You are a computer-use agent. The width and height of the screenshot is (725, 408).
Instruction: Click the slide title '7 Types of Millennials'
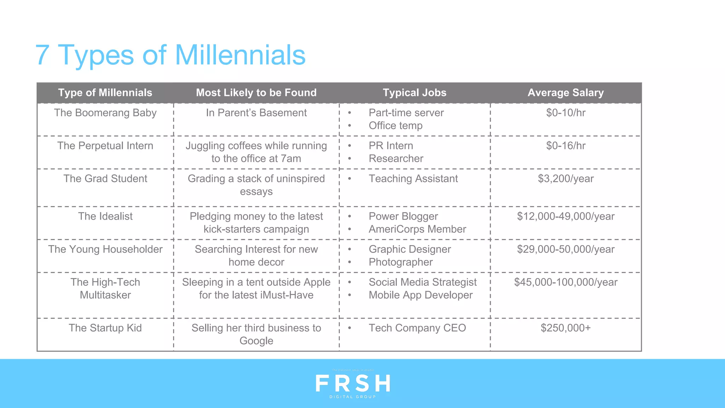(170, 55)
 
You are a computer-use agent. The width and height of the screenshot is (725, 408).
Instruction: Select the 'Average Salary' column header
(565, 93)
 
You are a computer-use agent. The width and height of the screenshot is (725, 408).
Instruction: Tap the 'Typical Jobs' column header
(415, 93)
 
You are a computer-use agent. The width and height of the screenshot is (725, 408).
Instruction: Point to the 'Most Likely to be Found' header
(256, 93)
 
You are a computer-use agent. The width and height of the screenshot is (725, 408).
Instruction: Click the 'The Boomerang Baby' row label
(105, 113)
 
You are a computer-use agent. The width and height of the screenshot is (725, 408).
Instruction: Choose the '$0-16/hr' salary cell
(566, 146)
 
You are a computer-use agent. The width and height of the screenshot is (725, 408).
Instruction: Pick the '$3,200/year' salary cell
(566, 179)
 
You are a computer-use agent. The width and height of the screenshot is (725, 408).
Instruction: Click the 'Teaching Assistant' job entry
(413, 179)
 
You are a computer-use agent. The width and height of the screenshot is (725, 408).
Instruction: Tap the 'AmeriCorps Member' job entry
(417, 229)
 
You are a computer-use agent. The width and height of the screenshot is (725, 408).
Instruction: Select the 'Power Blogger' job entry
(403, 216)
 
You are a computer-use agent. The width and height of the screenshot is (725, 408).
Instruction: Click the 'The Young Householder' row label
(105, 249)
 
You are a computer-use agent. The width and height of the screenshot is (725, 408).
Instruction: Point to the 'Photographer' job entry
(400, 262)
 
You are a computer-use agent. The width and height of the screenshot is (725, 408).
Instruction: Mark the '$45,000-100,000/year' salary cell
(566, 282)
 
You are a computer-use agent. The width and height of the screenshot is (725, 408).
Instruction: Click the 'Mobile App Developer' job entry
(421, 295)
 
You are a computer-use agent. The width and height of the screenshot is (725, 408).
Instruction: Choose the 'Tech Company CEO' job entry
(417, 328)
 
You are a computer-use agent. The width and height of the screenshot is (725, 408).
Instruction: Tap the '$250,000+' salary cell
(566, 328)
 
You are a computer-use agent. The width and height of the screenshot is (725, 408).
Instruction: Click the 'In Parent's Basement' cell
(256, 113)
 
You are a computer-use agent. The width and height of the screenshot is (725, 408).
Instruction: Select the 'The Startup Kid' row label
(105, 328)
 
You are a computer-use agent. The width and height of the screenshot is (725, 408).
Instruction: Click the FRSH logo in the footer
(353, 384)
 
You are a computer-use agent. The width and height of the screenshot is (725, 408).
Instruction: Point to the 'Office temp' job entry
(395, 126)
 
